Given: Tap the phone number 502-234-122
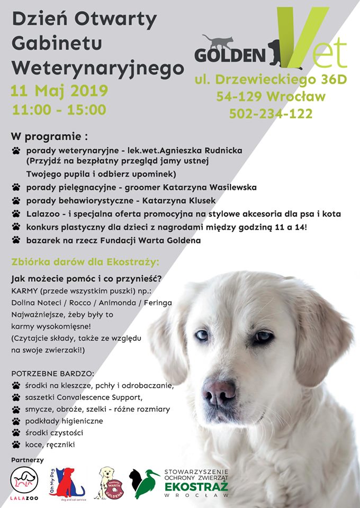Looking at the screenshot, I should tap(271, 113).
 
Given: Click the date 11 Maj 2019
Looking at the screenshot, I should tap(59, 91).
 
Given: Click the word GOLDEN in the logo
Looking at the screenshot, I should tap(230, 55).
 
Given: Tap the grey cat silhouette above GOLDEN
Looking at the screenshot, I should tap(217, 41).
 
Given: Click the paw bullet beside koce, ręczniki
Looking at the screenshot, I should tap(15, 444).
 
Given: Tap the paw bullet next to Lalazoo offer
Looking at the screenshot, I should tap(15, 214).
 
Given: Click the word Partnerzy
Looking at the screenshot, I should tap(27, 460).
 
